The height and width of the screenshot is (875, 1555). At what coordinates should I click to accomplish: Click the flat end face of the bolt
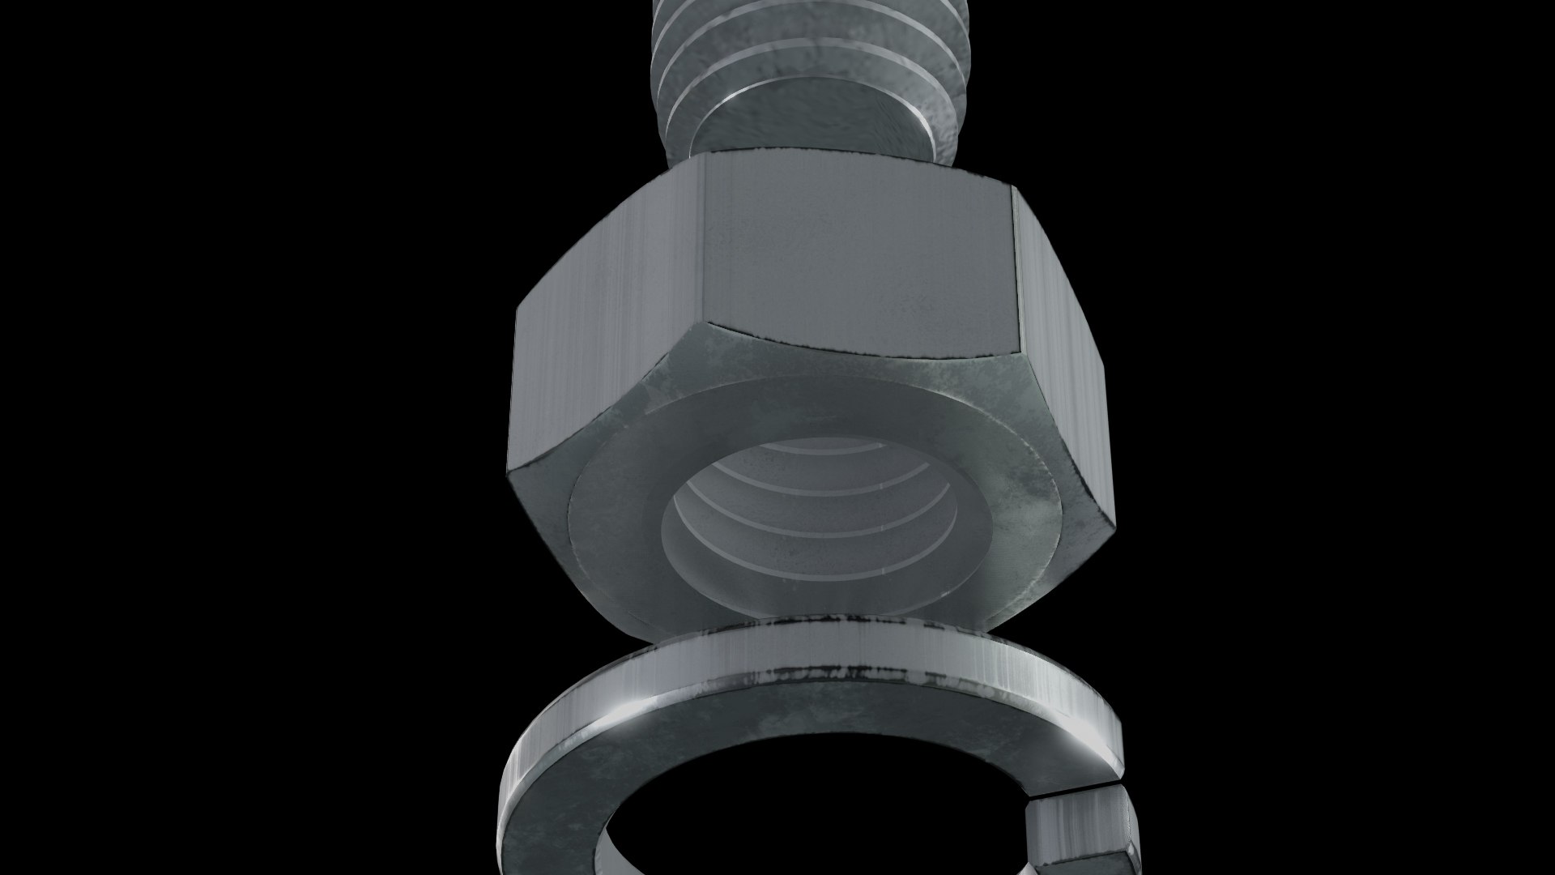point(810,122)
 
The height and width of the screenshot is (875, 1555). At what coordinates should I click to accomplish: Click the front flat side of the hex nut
point(858,259)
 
